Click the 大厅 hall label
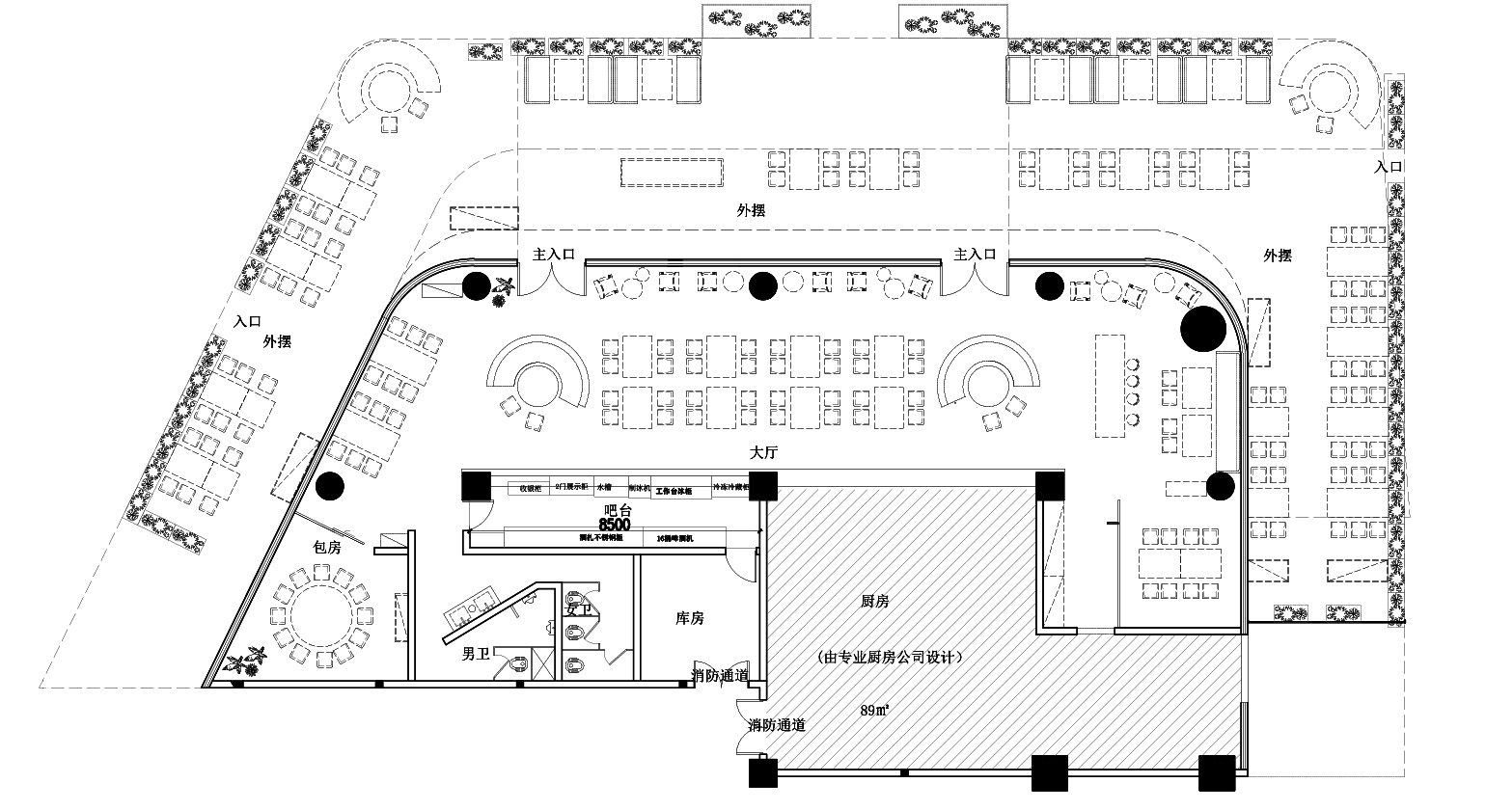click(x=763, y=452)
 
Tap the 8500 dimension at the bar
click(x=615, y=525)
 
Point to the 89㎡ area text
click(x=874, y=711)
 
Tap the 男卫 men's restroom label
click(x=476, y=656)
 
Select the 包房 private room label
click(x=327, y=547)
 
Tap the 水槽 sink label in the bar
click(x=603, y=488)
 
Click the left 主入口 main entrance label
click(x=555, y=255)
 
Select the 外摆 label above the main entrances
click(x=751, y=210)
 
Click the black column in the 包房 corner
click(x=329, y=487)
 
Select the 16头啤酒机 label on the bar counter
click(x=675, y=537)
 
